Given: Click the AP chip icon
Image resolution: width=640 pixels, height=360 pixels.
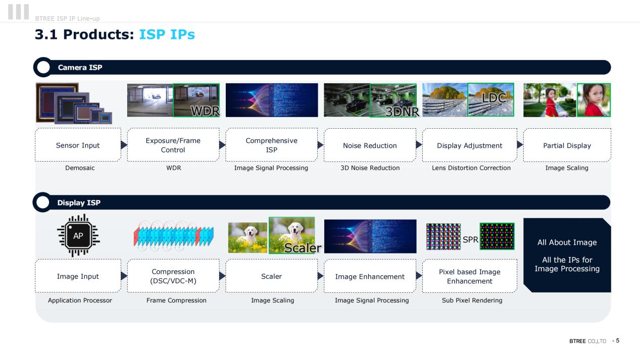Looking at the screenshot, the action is [x=78, y=235].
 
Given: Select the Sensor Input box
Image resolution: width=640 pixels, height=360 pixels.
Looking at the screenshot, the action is [x=78, y=145].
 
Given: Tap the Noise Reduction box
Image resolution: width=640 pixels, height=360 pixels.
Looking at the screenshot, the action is [x=370, y=145].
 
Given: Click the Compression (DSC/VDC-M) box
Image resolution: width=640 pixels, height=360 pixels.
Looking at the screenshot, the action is [x=173, y=276].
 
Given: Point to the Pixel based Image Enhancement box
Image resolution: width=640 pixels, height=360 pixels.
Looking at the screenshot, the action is [x=470, y=276].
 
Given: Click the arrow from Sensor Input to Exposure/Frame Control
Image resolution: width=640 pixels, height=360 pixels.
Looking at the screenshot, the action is [x=124, y=145].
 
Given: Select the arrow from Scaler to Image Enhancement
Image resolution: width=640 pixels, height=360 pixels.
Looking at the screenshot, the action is [x=321, y=276].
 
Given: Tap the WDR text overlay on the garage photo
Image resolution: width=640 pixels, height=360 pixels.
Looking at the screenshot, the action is [x=205, y=111].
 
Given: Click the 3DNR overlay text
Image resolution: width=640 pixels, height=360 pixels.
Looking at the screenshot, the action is [x=402, y=112].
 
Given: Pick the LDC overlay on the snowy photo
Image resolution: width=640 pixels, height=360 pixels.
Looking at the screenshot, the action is [x=494, y=98].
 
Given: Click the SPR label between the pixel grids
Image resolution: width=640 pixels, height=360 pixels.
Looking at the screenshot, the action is [x=470, y=239].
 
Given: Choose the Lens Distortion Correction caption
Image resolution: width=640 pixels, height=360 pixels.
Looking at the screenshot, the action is [x=471, y=168].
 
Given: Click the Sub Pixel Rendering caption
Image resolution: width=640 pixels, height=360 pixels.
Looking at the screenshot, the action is [x=472, y=300].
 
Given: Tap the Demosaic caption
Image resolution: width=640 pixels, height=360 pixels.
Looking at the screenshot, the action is [x=80, y=168].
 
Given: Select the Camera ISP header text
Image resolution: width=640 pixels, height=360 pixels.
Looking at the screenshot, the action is [x=80, y=67].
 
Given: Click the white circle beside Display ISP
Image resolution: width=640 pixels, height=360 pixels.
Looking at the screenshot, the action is [x=43, y=202].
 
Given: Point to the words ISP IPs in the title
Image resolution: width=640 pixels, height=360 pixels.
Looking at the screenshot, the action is [x=167, y=34].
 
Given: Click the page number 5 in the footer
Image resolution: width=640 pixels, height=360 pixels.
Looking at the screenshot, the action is [x=618, y=341].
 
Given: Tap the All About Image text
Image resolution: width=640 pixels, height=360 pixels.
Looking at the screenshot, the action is [x=567, y=242].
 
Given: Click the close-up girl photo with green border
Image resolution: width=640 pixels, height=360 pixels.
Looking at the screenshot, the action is [x=594, y=100].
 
